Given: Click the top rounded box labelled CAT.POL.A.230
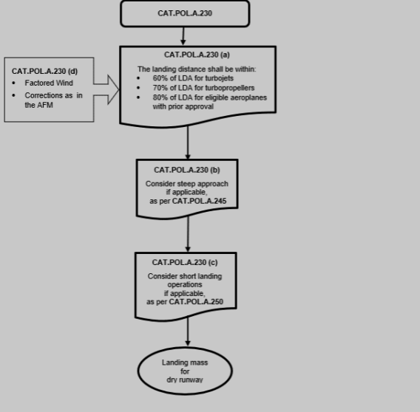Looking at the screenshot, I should tap(184, 13).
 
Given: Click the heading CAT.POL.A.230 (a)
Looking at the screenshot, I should tap(197, 55).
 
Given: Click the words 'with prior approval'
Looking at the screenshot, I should tap(183, 106).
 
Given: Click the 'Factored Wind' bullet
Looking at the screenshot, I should tap(49, 83).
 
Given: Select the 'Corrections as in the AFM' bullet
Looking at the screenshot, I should tap(53, 100).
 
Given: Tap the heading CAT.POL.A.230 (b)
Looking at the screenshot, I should tap(187, 170).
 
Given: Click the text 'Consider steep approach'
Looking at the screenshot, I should tap(187, 183).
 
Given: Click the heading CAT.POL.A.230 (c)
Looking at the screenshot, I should tap(185, 262).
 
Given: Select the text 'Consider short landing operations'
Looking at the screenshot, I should tap(185, 281).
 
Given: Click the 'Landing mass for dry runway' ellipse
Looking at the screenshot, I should tap(185, 371).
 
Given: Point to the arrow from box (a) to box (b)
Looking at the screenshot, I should tap(188, 143).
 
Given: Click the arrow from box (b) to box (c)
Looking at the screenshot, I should tap(188, 235).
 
